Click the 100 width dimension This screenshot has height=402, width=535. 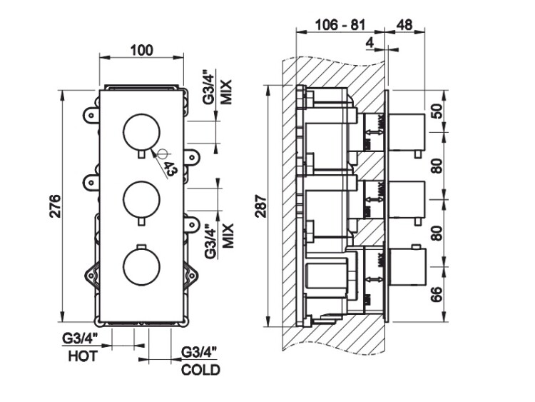point(142,49)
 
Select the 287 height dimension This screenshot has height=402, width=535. point(259,208)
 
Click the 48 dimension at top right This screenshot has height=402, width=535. point(404,25)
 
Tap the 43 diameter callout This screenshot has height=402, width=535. point(169,169)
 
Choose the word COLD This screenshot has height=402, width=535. point(200,370)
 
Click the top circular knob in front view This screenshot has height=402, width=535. point(143,132)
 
